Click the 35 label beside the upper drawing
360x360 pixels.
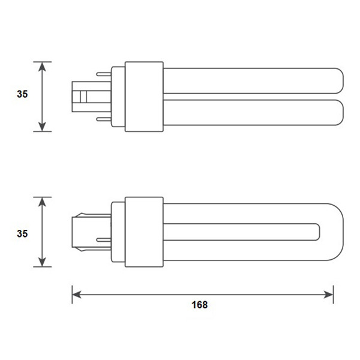pyautogui.click(x=22, y=94)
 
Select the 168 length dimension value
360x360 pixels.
pyautogui.click(x=200, y=305)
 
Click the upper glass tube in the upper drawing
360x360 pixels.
pyautogui.click(x=252, y=80)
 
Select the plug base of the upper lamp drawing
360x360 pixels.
pyautogui.click(x=85, y=96)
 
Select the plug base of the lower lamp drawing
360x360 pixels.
pyautogui.click(x=85, y=232)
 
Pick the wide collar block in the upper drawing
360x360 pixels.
pyautogui.click(x=144, y=96)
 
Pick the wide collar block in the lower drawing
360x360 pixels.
pyautogui.click(x=144, y=232)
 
